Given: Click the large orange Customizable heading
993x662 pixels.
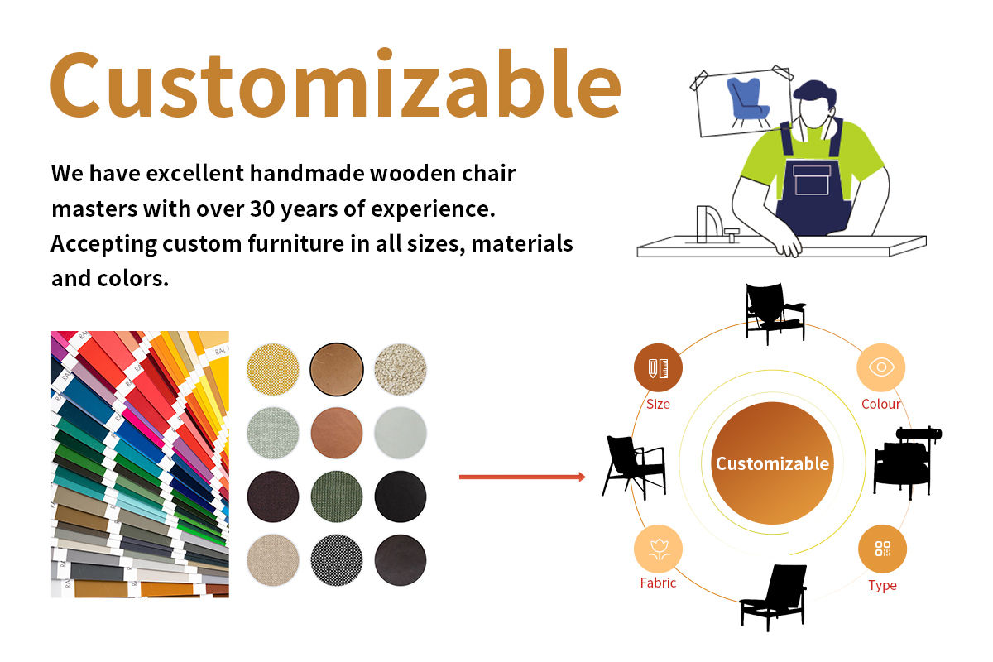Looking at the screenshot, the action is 336,84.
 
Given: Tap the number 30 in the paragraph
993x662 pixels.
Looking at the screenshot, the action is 262,209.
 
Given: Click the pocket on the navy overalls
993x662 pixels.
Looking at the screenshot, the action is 812,180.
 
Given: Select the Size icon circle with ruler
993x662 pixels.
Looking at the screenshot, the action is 658,367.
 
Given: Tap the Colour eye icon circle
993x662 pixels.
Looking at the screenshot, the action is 880,367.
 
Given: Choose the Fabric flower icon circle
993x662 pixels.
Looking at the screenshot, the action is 658,549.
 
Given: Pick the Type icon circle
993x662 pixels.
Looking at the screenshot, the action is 882,549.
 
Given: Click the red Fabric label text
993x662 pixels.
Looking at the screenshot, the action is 658,583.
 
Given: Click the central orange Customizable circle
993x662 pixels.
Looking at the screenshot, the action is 772,463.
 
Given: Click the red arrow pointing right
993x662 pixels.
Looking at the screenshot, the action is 522,477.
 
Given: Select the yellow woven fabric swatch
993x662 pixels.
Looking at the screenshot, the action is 272,369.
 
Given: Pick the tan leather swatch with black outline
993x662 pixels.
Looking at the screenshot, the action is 337,369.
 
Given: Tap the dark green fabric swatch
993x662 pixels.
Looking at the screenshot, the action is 337,496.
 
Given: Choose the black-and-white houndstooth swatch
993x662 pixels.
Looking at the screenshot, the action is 337,560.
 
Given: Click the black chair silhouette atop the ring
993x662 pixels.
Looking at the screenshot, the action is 775,314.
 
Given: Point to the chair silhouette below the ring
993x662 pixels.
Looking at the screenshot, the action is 773,597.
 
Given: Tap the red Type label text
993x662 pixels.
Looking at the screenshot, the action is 882,586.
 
